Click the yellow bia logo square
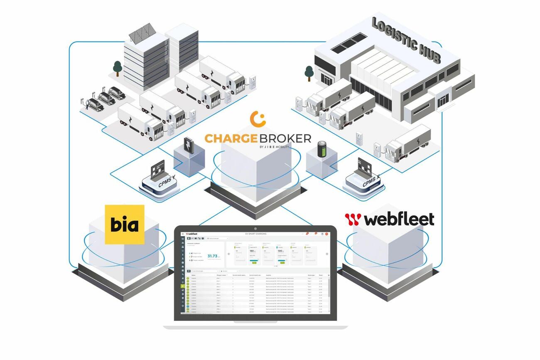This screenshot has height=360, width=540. (x=124, y=224)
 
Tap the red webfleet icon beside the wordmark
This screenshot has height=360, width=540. (x=353, y=219)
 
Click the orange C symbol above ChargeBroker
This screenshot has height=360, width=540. (x=258, y=119)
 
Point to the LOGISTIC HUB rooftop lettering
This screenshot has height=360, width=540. (x=405, y=40)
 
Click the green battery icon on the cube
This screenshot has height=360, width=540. (x=322, y=150)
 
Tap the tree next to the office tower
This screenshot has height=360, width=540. (x=118, y=68)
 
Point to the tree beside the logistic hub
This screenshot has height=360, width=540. (x=309, y=73)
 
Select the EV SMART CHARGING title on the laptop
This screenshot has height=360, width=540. (x=256, y=234)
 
